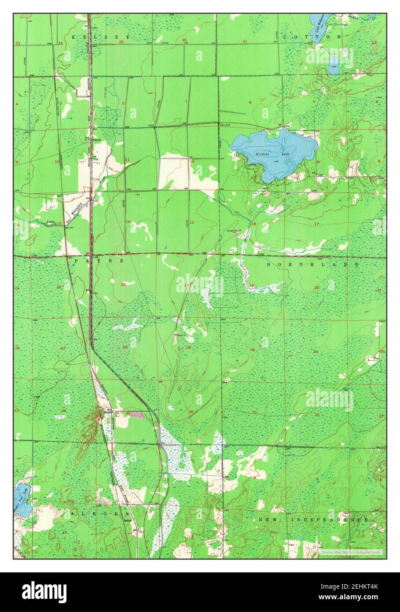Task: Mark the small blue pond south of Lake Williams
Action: [x=334, y=65]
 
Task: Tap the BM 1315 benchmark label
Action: [x=225, y=126]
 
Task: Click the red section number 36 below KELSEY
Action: [x=183, y=41]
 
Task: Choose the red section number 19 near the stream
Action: [x=252, y=286]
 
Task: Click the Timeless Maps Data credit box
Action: [x=351, y=551]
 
